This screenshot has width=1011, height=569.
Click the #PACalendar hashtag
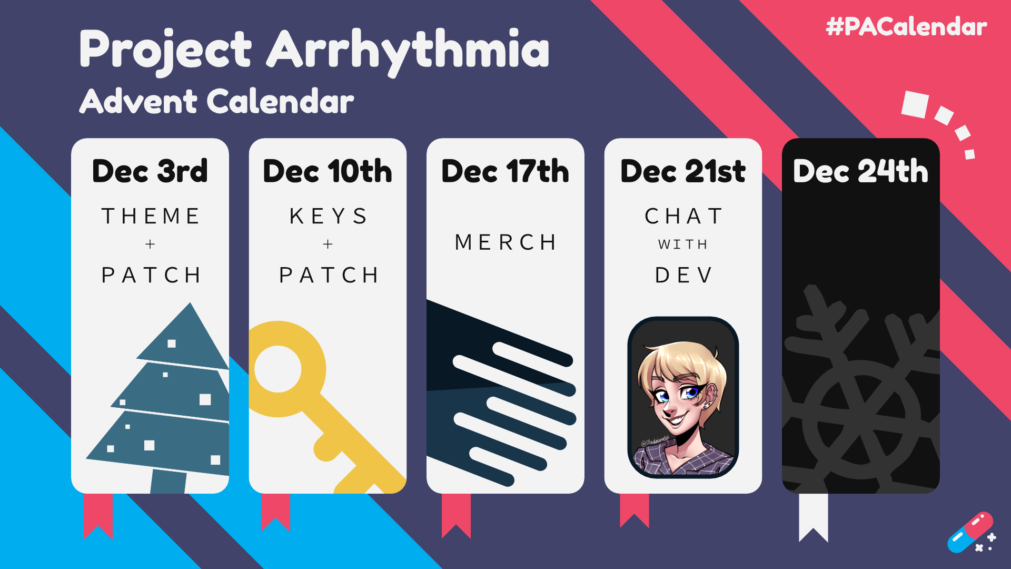pos(906,27)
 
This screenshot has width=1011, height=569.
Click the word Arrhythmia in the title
pos(408,51)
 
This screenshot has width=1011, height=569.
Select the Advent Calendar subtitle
pos(216,101)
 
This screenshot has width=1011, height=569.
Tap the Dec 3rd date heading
pos(150,171)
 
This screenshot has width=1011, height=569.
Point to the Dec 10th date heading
pos(328,171)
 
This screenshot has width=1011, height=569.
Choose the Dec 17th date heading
pos(506,171)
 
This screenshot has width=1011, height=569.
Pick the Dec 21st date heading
pos(683,171)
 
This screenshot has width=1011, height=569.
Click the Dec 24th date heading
pos(860,171)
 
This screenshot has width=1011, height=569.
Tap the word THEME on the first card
pos(151,216)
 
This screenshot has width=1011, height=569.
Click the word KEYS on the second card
pos(328,216)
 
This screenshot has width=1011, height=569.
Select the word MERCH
pos(506,242)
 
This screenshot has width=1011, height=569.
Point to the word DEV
pos(683,275)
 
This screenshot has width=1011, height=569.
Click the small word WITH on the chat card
pos(683,244)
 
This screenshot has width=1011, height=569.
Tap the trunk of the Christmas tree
pos(168,482)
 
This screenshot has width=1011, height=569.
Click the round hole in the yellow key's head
pos(277,369)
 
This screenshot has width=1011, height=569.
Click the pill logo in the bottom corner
pos(970,532)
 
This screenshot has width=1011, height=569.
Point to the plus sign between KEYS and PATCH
pos(328,244)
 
